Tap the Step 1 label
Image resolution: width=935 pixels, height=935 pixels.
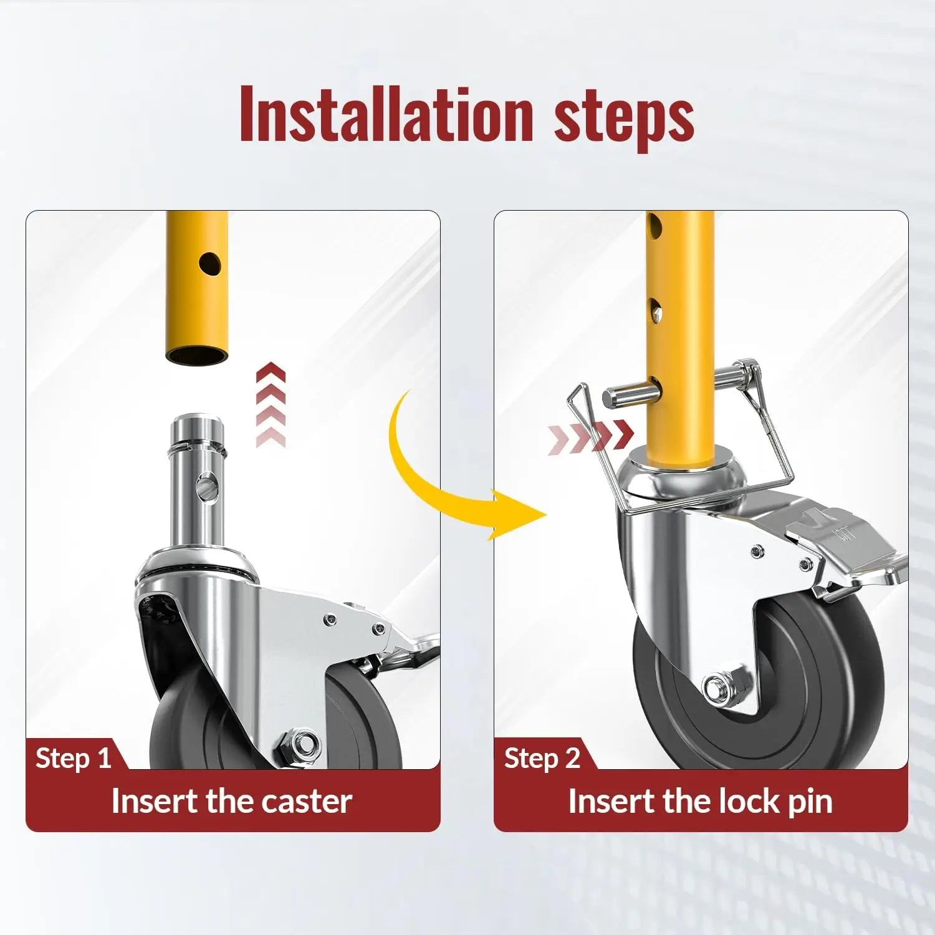[74, 759]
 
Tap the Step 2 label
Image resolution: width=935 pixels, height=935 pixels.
[542, 759]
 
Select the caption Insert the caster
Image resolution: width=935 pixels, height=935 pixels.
[232, 801]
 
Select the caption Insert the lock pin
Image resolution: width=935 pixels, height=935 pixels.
[700, 801]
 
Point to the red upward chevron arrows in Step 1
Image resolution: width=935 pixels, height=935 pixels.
[271, 407]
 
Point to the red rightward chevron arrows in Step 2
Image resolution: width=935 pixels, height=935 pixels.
[591, 434]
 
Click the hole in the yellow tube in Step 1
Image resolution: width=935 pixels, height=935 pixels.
[211, 264]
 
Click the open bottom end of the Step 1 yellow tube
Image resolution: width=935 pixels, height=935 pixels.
[196, 357]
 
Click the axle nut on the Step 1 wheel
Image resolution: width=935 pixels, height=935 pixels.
[300, 746]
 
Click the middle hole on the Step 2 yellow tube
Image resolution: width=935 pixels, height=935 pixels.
[656, 310]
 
